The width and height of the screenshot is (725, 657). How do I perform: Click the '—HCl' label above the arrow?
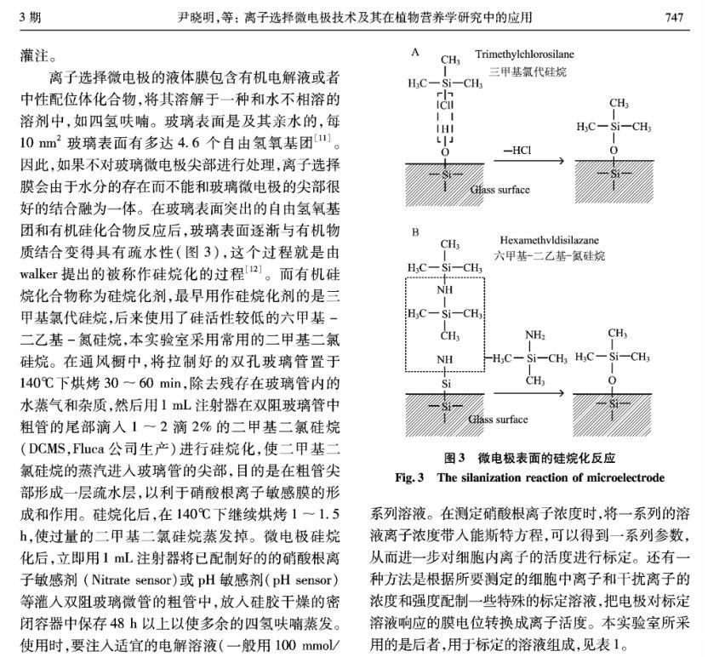[x=520, y=151]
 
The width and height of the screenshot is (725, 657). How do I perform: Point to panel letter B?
[x=415, y=231]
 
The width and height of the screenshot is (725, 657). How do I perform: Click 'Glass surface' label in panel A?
[x=500, y=190]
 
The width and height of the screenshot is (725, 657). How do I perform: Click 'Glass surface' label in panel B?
[x=500, y=419]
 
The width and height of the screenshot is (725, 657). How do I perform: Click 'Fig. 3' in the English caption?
[x=409, y=477]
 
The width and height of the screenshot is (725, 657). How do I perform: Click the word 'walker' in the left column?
[x=37, y=274]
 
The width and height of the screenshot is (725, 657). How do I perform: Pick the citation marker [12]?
[x=254, y=271]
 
